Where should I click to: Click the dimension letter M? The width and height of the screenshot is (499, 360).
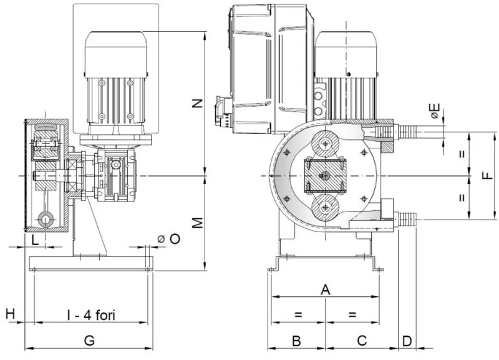coord(197,223)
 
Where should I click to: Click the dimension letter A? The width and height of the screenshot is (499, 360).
coord(324,289)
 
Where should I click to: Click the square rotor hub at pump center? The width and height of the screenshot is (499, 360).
coord(324,176)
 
